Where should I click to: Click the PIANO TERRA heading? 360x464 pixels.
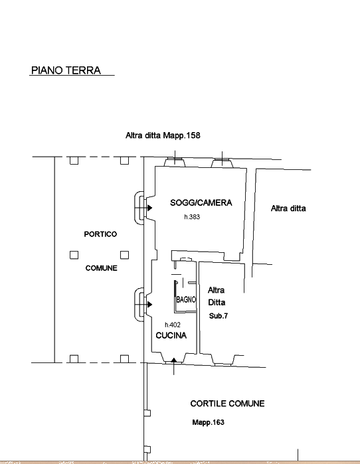point(66,70)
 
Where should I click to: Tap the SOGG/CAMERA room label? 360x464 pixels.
point(201,202)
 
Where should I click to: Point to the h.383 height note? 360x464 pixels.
point(192,217)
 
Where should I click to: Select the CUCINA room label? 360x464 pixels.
point(171,335)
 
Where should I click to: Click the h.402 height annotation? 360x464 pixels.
point(173,325)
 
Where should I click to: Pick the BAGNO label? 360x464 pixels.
point(186,299)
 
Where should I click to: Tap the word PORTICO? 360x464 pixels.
point(100,234)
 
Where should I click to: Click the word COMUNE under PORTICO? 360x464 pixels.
point(101,268)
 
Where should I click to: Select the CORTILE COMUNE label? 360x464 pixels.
point(227,404)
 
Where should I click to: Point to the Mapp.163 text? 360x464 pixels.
point(208,422)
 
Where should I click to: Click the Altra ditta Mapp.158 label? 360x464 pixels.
point(163,135)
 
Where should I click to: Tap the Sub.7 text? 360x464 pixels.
point(219,316)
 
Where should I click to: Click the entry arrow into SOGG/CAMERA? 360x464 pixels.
point(150,208)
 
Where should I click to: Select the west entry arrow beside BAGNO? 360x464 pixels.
point(150,304)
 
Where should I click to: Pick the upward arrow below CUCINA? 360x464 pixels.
point(174,360)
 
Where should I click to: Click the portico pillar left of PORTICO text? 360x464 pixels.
point(74,255)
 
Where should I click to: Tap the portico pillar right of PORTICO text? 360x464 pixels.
point(124,255)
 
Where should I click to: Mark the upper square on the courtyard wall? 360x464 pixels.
point(147,413)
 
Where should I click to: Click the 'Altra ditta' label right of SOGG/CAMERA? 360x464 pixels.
point(288,208)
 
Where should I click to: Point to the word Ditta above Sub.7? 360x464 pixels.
point(217,303)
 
